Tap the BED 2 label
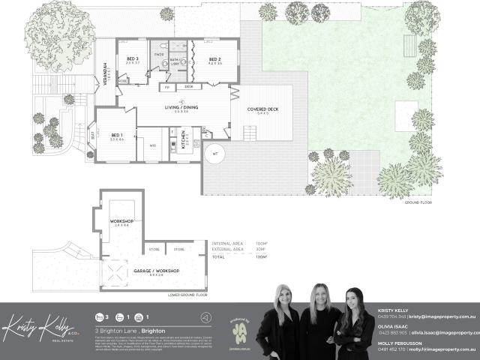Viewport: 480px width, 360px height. click(214, 59)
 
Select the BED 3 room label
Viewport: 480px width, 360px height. click(133, 59)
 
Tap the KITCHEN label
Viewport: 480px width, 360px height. click(184, 139)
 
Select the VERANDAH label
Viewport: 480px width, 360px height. click(108, 71)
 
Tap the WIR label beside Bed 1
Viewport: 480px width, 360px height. click(153, 145)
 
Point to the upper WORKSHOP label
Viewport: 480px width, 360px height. click(121, 221)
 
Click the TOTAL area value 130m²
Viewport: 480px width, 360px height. click(261, 257)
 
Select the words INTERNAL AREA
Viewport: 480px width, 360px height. click(226, 244)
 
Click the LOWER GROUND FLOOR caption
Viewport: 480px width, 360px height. click(187, 295)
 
